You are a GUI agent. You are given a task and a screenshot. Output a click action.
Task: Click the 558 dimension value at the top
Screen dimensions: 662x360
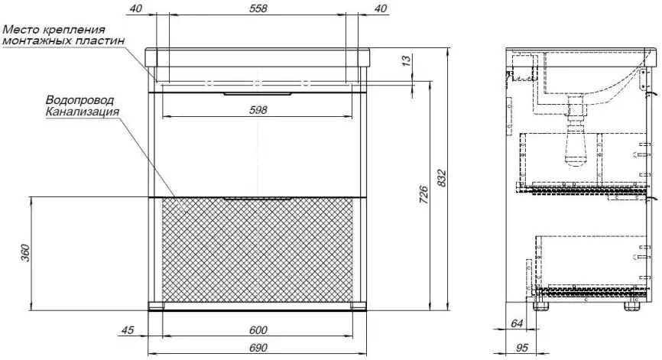(x=258, y=8)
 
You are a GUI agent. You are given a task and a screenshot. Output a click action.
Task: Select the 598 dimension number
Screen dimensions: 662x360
(x=258, y=110)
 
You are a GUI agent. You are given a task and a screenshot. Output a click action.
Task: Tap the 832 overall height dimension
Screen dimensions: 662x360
(x=441, y=179)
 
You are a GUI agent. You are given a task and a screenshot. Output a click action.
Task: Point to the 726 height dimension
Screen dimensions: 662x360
(x=423, y=195)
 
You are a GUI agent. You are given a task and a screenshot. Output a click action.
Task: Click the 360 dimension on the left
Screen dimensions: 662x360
(x=26, y=253)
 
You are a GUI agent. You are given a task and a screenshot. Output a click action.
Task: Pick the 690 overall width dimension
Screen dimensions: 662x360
(x=258, y=348)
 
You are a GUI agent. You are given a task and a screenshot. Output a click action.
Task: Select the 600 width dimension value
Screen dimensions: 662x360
(x=258, y=330)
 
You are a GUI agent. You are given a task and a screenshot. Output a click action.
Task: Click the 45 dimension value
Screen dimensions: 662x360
(x=128, y=329)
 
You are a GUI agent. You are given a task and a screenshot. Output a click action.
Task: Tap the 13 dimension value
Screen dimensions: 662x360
(x=406, y=60)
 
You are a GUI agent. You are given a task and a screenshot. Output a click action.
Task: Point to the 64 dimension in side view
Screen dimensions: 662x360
(x=518, y=324)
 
